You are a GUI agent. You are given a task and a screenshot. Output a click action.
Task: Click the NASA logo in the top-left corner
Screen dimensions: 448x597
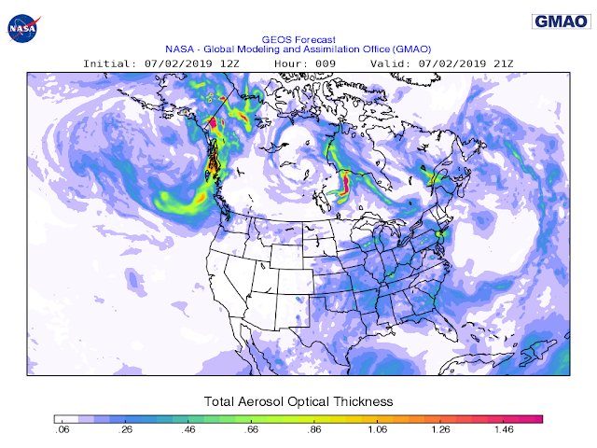22,28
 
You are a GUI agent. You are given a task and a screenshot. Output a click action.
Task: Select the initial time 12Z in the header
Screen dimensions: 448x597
229,63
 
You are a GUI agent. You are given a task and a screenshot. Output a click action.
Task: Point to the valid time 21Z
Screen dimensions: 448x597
502,63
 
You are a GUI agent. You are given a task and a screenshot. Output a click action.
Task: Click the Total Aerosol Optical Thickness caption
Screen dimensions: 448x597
298,400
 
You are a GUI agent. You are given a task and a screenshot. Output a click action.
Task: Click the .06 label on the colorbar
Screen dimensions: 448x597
62,431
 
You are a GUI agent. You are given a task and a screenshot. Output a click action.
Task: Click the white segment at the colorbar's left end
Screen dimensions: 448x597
64,418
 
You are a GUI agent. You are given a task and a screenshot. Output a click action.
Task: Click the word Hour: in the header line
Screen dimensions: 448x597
292,63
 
